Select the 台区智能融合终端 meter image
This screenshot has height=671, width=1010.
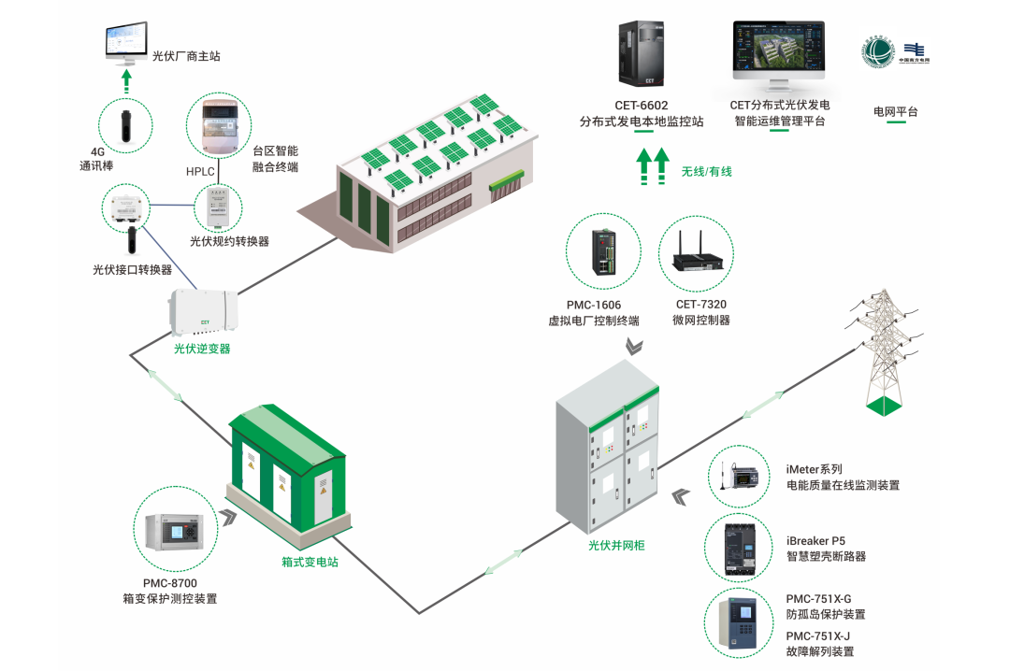219,126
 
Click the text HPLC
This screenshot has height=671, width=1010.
201,172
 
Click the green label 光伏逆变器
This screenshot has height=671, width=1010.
201,349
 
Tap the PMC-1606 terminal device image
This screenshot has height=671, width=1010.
603,250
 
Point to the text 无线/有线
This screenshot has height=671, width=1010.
706,171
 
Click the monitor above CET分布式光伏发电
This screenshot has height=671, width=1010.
779,52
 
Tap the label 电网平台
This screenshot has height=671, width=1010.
895,112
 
